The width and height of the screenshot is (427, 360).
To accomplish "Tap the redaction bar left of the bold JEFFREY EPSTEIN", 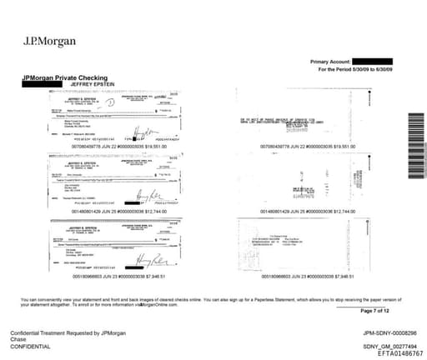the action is pos(36,84).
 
